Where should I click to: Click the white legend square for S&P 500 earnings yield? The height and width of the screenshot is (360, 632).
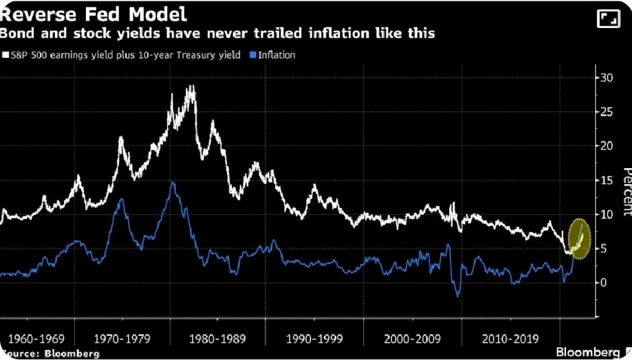tap(6, 55)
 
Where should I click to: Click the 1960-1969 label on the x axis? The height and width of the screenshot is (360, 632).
tap(37, 339)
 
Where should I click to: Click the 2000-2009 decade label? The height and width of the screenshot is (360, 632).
tap(413, 339)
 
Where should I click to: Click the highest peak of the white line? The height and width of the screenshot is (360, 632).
tap(189, 87)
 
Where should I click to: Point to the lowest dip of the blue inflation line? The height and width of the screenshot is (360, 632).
tap(458, 296)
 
